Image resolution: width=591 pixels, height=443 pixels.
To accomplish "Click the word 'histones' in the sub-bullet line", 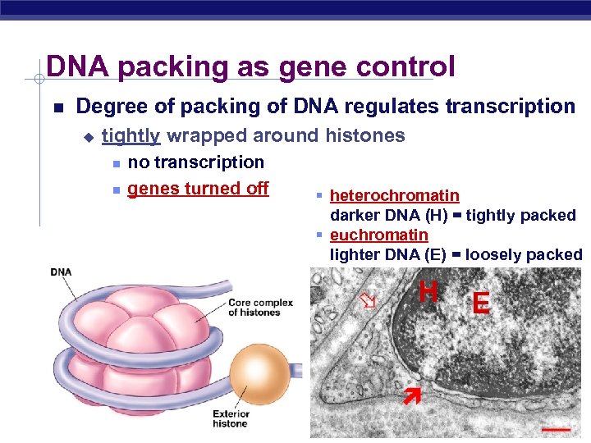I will click(x=365, y=135).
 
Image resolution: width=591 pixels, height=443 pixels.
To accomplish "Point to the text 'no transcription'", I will click(x=196, y=162).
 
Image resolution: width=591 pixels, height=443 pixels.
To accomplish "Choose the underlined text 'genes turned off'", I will click(x=198, y=188).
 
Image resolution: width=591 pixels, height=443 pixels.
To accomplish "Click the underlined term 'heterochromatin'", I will click(x=394, y=195).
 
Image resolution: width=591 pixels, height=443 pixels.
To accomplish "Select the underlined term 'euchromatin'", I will click(x=378, y=235).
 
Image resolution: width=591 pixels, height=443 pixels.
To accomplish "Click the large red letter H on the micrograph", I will click(x=428, y=291).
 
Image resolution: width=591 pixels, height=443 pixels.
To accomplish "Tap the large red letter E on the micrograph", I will click(x=481, y=304).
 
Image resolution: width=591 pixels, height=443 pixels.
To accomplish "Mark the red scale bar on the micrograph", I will click(x=555, y=428).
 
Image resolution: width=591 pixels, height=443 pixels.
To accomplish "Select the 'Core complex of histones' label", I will click(x=260, y=307).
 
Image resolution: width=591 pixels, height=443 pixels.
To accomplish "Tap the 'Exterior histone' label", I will click(x=230, y=418).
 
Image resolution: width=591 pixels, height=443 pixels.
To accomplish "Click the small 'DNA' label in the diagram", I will click(x=62, y=272).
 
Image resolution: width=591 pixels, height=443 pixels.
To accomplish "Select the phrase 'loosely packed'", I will click(x=523, y=254).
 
